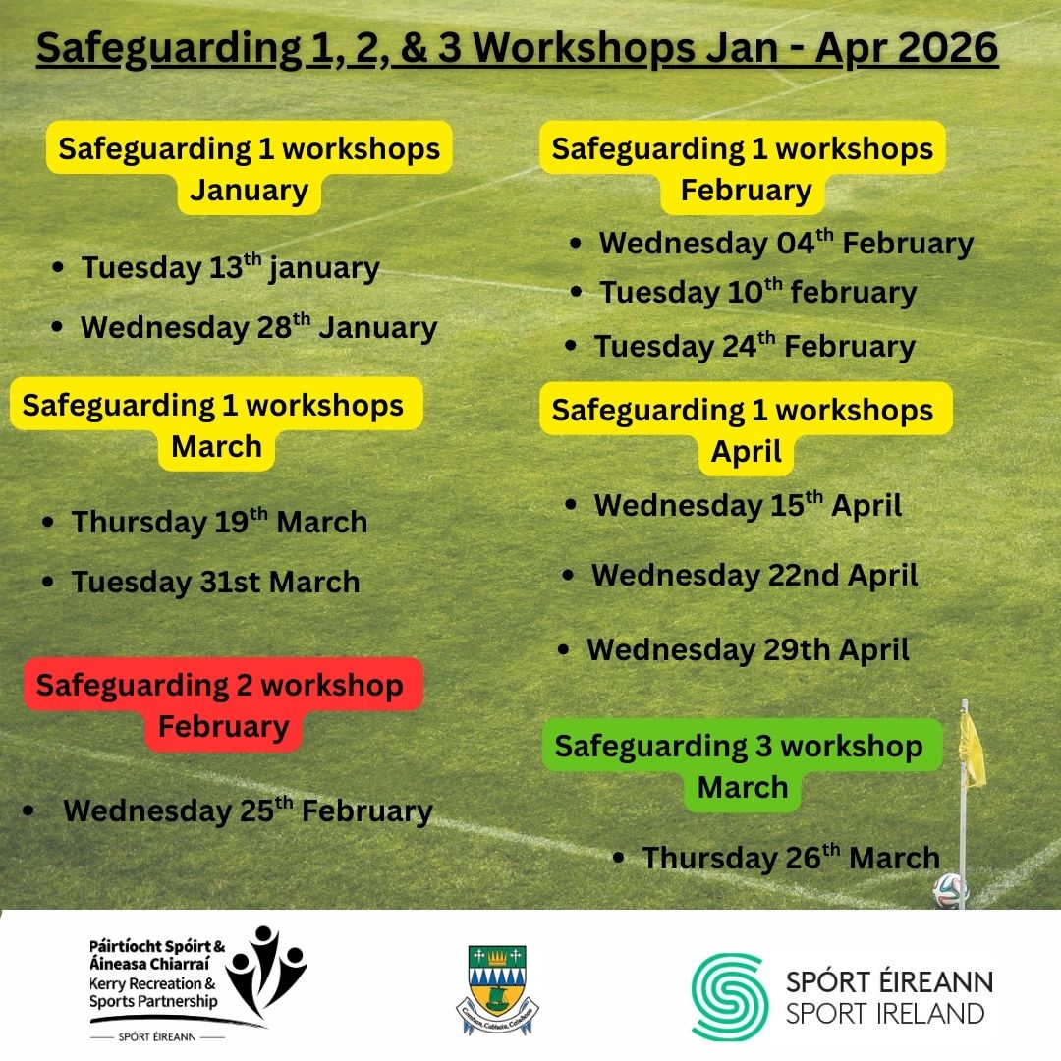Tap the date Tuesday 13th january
[x=230, y=268]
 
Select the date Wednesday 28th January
[x=258, y=327]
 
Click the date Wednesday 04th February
[x=786, y=244]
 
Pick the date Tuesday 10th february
[x=757, y=292]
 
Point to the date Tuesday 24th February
[x=754, y=346]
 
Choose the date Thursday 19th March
[x=219, y=522]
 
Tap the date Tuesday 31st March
[x=215, y=582]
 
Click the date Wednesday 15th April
[x=748, y=506]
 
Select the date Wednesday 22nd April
[x=754, y=575]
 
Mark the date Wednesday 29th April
[x=748, y=649]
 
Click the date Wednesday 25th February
[x=248, y=811]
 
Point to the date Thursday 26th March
[x=791, y=858]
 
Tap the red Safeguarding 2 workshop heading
[x=223, y=705]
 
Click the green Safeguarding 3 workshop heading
[x=742, y=765]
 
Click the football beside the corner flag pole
[x=950, y=890]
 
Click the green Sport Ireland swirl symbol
[x=727, y=996]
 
